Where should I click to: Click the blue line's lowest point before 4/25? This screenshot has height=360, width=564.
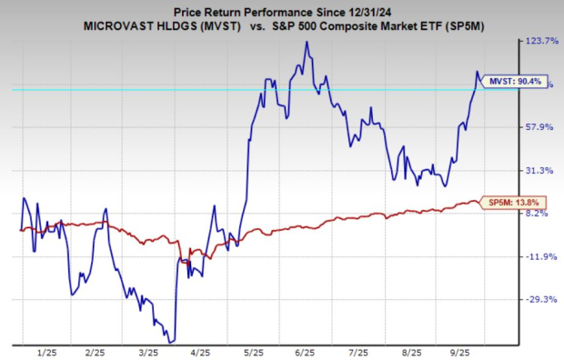point(172,341)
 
